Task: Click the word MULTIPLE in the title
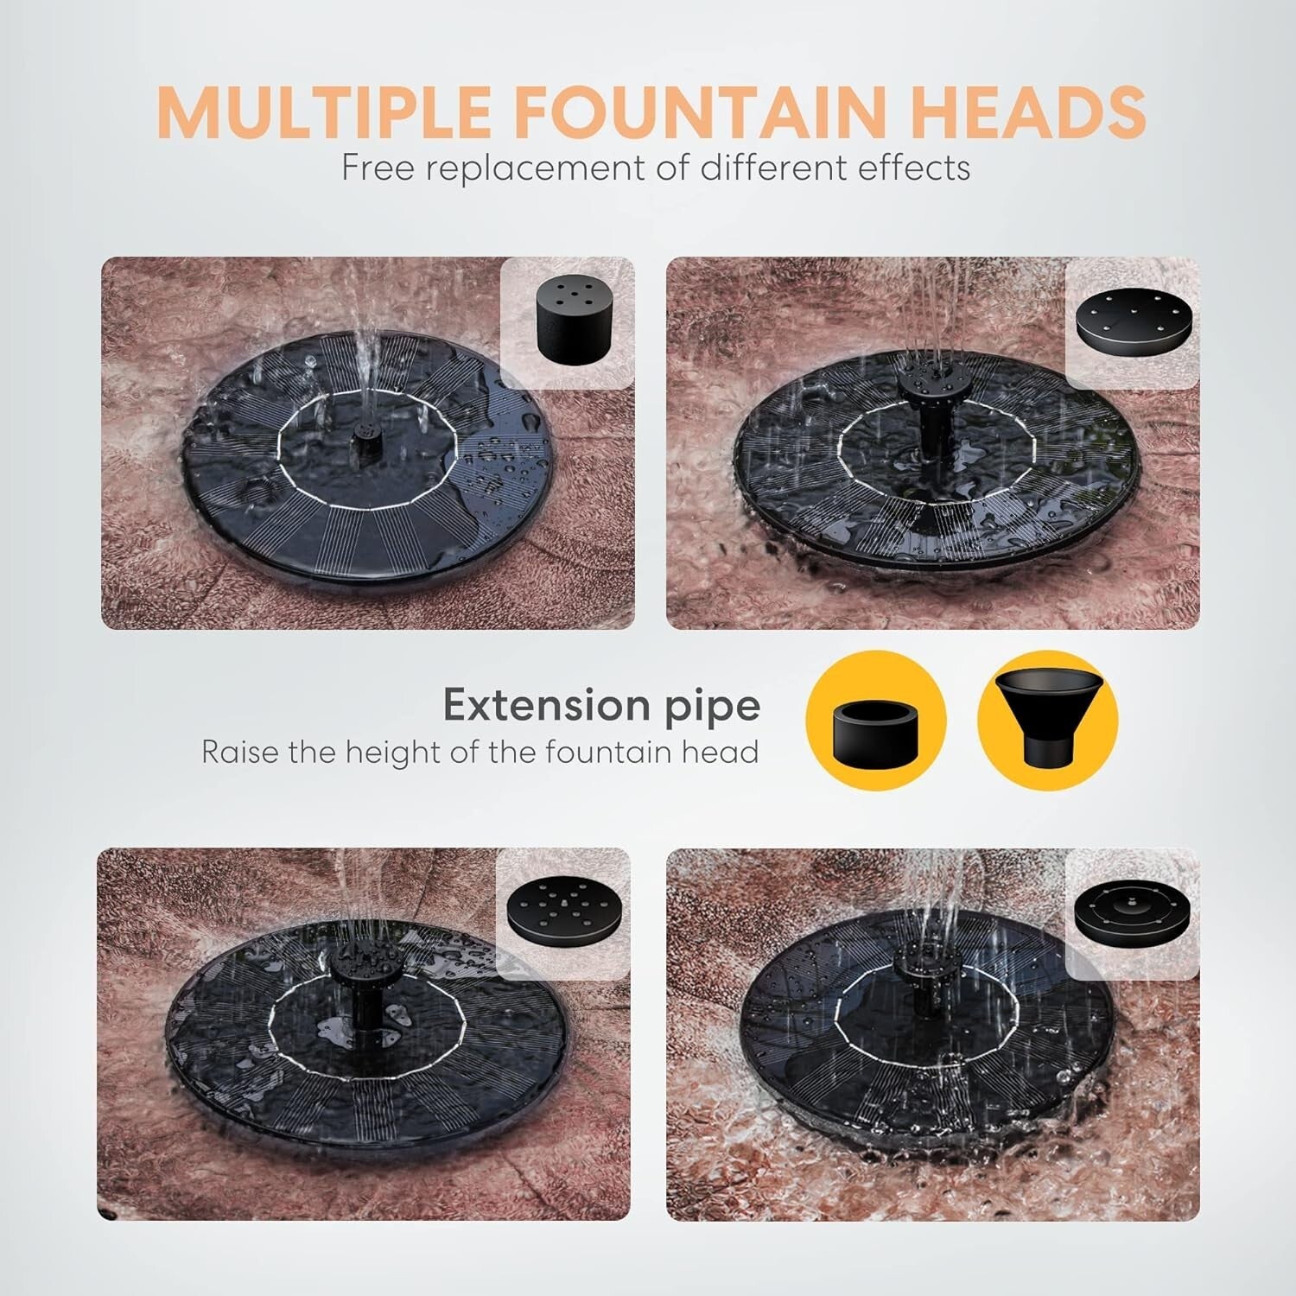325,111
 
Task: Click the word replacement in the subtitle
537,168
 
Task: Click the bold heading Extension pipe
601,706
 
